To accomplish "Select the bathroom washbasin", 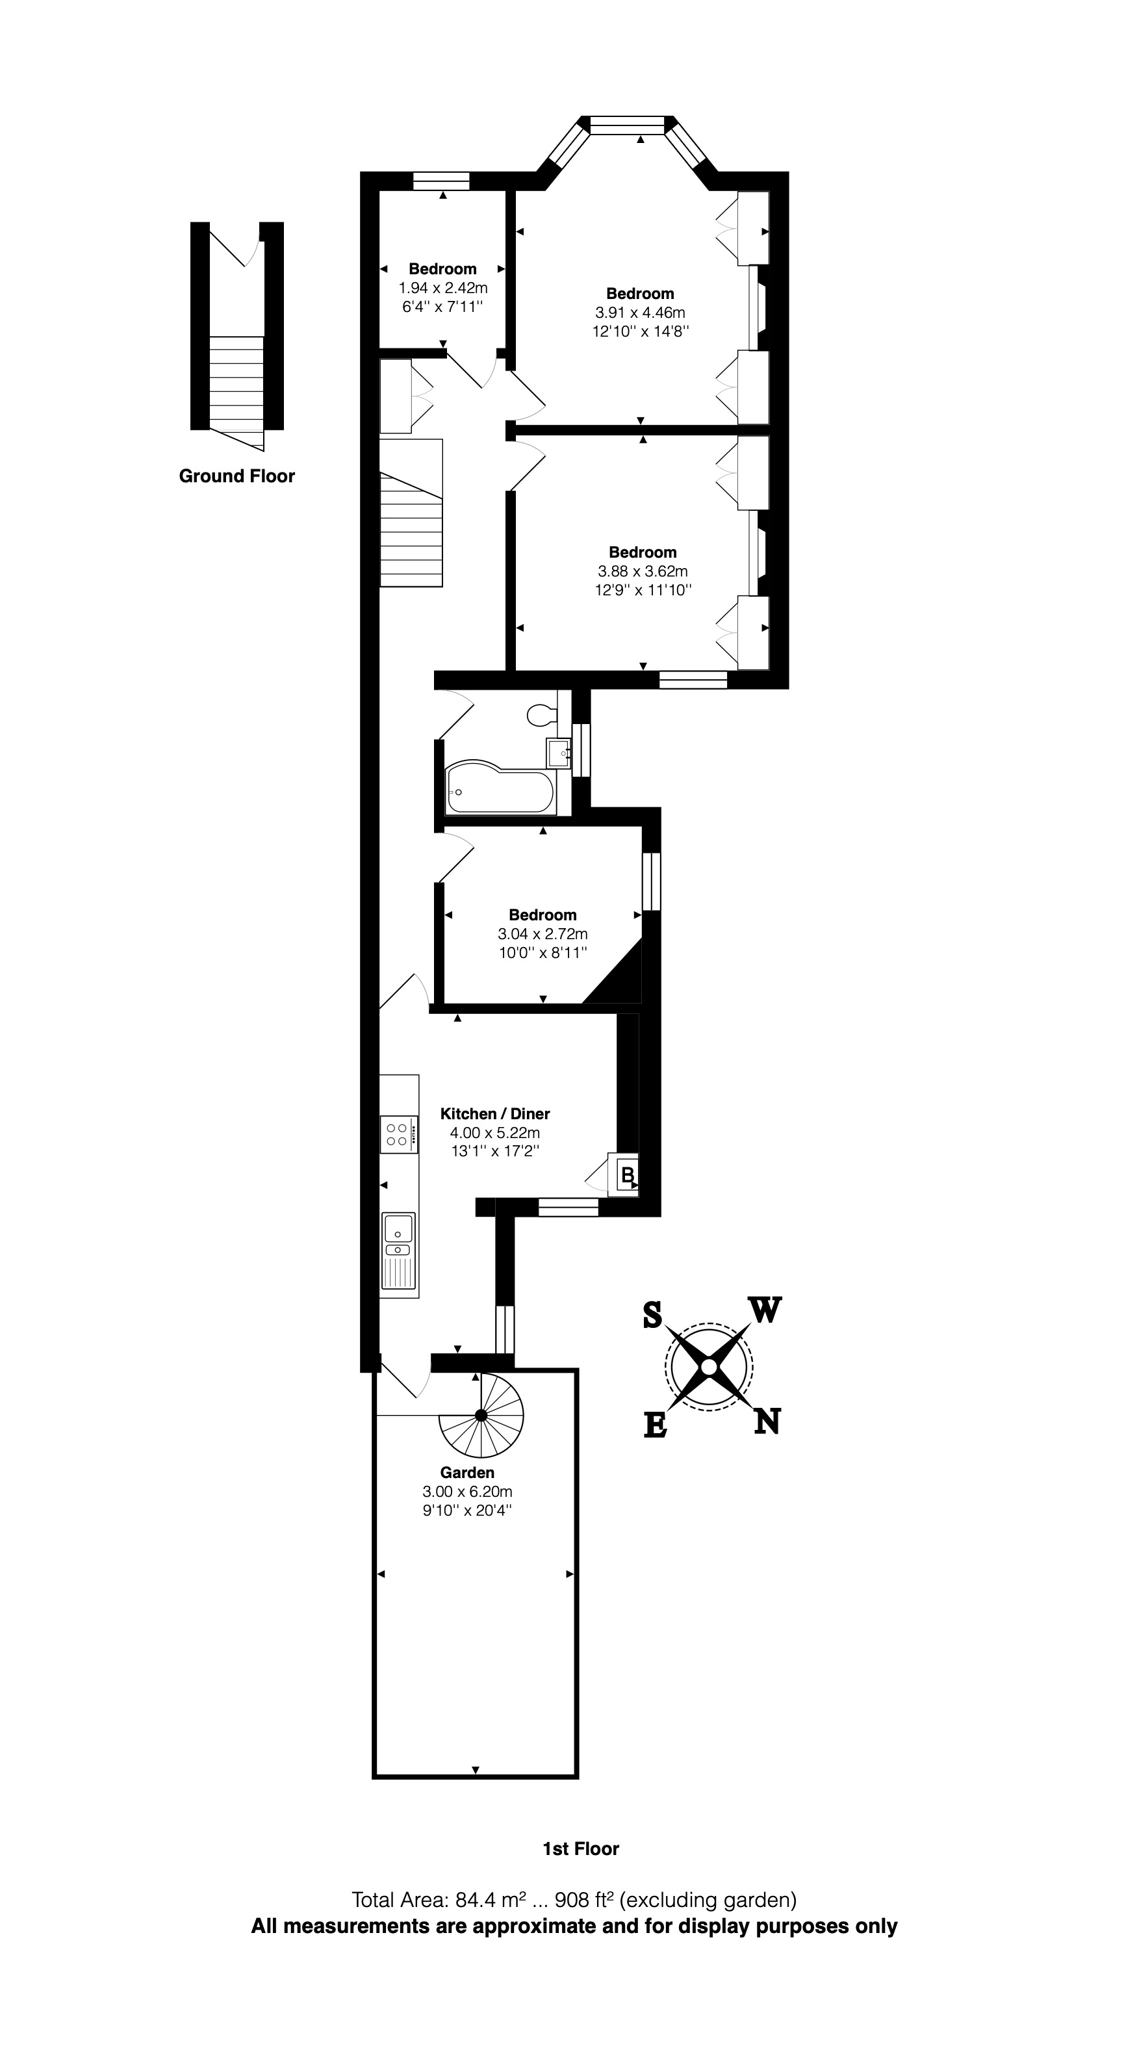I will [x=558, y=753].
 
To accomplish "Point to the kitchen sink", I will [x=398, y=1234].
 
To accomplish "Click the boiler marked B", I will [x=628, y=1175].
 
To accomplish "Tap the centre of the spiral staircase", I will [x=480, y=1415].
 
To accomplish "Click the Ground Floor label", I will [x=237, y=476].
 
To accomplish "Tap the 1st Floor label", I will [x=580, y=1849].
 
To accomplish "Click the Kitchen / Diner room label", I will [x=494, y=1113].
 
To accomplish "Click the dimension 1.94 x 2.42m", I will [x=442, y=287].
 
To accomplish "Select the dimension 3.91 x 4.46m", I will [x=640, y=313].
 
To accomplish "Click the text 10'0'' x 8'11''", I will [x=543, y=952].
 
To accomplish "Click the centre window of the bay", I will [x=627, y=124].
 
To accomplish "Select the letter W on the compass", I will [x=765, y=1311].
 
